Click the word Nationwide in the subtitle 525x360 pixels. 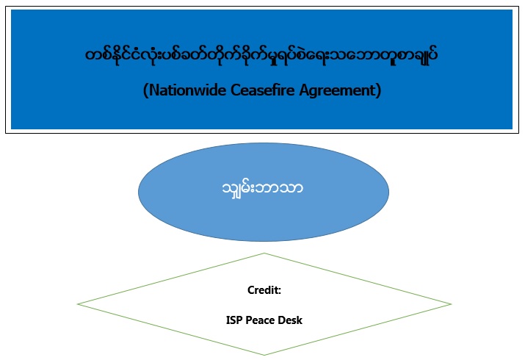point(188,90)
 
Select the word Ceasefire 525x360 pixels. point(263,90)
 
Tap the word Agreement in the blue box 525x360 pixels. point(336,91)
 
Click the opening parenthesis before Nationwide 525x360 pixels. point(145,91)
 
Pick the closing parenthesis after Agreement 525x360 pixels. point(378,91)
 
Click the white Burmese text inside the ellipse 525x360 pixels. point(263,190)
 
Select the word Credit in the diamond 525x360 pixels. point(263,290)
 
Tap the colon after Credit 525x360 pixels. point(280,292)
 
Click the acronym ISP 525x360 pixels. point(234,320)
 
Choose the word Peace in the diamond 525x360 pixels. point(260,320)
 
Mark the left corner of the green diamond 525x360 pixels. point(78,304)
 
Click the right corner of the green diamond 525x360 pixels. point(451,304)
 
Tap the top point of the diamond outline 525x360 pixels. point(264,253)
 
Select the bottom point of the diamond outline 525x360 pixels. point(264,355)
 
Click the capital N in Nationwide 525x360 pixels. point(153,90)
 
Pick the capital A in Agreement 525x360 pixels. point(304,90)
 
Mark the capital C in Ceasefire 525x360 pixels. point(236,90)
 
